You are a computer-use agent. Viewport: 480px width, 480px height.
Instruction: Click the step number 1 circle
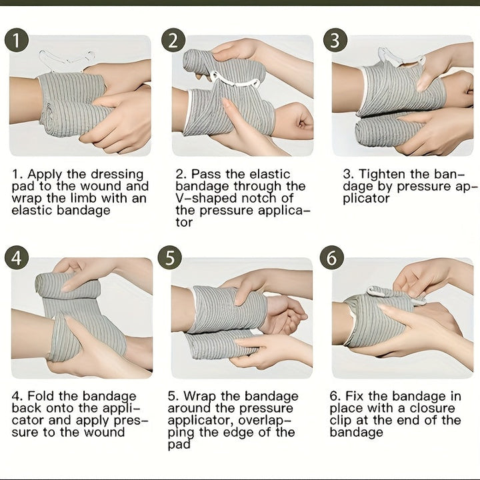[x=17, y=41]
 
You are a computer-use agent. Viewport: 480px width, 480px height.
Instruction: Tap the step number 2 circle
[x=173, y=41]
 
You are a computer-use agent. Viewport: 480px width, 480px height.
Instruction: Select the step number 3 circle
[x=335, y=41]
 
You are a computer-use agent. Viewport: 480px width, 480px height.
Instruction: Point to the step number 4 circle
[x=17, y=257]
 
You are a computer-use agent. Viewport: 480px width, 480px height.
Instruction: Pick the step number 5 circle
[x=170, y=257]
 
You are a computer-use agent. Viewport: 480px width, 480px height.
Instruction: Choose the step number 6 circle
[x=332, y=257]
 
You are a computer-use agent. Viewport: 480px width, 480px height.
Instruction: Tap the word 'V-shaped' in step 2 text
[x=207, y=199]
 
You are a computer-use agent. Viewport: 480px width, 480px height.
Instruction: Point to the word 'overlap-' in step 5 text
[x=265, y=421]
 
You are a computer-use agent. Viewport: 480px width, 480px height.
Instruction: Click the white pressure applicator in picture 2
[x=235, y=80]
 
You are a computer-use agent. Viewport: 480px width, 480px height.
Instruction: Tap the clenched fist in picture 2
[x=293, y=120]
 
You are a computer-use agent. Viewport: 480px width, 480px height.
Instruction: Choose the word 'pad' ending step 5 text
[x=179, y=445]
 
